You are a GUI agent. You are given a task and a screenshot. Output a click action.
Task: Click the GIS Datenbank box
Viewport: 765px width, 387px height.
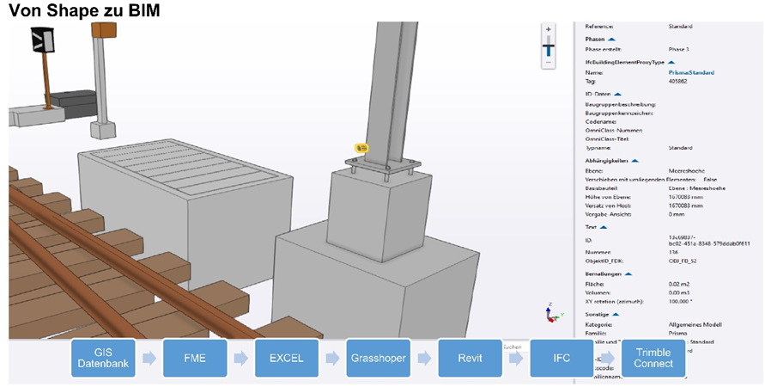[x=103, y=358]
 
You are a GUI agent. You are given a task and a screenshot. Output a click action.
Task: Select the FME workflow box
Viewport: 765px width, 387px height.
[x=194, y=358]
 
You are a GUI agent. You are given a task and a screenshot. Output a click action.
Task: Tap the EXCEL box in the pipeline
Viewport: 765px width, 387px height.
[x=286, y=358]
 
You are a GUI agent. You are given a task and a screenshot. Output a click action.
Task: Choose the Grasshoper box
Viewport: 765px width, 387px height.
[x=378, y=358]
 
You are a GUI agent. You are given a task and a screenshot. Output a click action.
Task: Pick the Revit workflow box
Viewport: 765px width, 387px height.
[x=470, y=358]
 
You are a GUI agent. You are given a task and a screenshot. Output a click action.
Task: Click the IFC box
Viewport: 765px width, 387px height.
[x=561, y=358]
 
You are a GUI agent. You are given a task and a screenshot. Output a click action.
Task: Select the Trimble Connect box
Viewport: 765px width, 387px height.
[x=653, y=358]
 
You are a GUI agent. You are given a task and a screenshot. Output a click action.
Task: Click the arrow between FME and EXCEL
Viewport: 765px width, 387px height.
[x=240, y=358]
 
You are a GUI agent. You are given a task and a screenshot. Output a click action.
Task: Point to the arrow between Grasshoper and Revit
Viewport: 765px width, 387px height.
[x=423, y=358]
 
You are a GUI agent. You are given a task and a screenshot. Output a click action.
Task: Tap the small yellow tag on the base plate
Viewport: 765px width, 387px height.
[x=362, y=149]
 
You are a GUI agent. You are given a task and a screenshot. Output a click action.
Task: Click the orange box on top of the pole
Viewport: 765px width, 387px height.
[x=105, y=30]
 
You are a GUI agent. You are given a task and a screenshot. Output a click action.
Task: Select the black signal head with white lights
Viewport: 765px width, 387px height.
[x=40, y=40]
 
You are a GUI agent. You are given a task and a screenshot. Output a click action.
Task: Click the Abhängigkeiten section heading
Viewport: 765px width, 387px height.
[x=608, y=160]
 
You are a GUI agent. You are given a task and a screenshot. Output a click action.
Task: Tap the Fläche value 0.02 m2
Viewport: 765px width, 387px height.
[x=680, y=284]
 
